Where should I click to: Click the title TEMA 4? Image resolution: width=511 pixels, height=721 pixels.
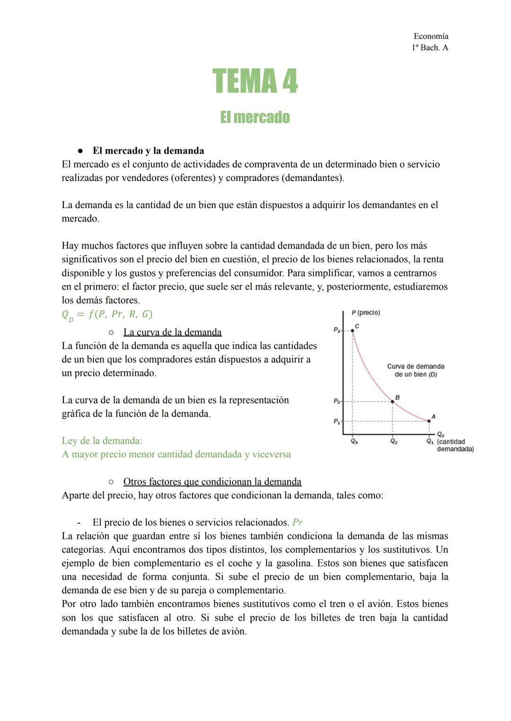(x=255, y=81)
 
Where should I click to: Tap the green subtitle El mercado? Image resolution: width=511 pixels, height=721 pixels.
(x=255, y=117)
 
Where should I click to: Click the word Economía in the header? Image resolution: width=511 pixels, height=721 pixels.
(x=431, y=36)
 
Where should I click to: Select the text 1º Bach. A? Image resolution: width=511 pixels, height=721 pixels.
(x=430, y=48)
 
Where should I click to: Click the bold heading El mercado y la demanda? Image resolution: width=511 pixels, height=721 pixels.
(x=148, y=151)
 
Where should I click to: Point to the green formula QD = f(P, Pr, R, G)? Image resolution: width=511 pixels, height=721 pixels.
(x=107, y=314)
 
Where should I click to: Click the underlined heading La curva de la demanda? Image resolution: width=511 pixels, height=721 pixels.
(x=172, y=332)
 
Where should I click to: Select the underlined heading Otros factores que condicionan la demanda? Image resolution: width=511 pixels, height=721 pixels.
(x=212, y=482)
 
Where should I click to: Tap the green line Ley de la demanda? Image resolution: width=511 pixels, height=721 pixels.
(x=102, y=441)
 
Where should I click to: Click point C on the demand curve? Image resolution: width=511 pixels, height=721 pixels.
(x=352, y=330)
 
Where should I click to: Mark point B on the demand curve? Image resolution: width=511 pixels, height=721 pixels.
(x=393, y=401)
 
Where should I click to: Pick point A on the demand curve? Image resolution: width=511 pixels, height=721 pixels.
(x=429, y=421)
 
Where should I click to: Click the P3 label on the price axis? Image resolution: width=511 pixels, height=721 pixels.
(x=336, y=330)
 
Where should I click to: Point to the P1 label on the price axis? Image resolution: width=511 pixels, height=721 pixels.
(x=336, y=421)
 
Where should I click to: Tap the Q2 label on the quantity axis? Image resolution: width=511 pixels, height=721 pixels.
(x=394, y=441)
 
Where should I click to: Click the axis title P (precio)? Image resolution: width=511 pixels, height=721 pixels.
(x=366, y=313)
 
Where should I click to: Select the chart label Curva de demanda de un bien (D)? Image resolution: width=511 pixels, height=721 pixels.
(x=415, y=370)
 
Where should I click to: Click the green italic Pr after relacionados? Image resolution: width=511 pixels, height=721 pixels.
(x=298, y=522)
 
